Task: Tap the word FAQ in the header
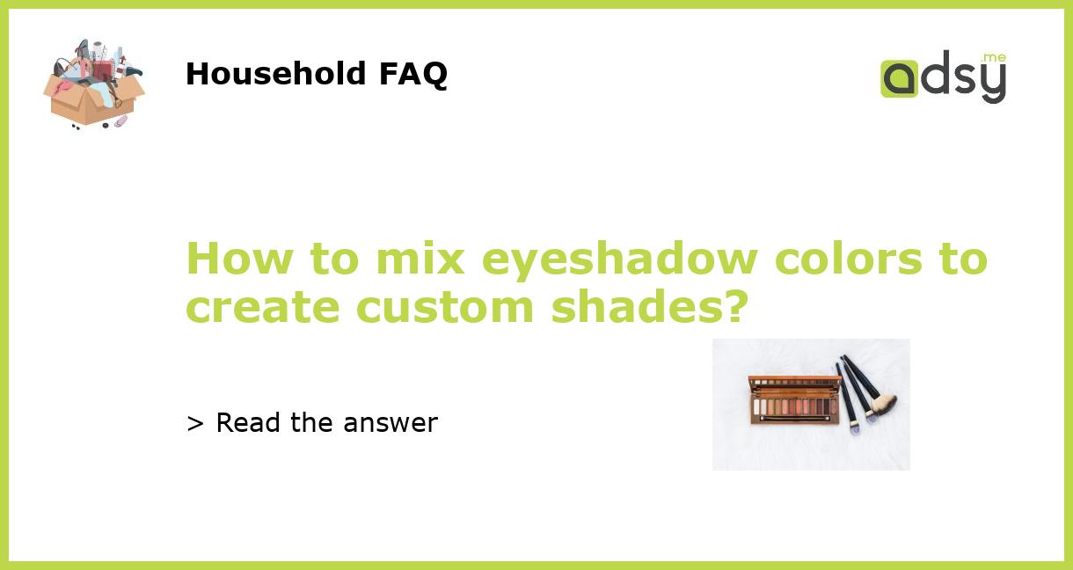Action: [x=412, y=75]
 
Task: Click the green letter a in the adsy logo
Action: [x=899, y=79]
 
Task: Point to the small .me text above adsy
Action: [x=994, y=57]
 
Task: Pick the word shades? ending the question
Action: [x=650, y=307]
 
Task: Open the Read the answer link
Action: [x=325, y=423]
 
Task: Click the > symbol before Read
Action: [x=195, y=424]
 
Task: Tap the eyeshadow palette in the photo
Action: [x=792, y=406]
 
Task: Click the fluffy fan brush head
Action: [x=884, y=405]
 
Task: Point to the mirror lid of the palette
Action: [x=794, y=384]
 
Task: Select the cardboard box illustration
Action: [x=92, y=97]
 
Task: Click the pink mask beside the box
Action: [x=120, y=121]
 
